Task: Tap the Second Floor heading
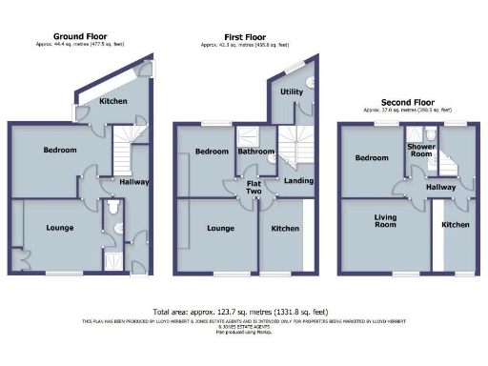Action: (407, 101)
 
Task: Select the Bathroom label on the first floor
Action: (256, 152)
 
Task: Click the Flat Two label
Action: (254, 187)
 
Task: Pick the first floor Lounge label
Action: (221, 229)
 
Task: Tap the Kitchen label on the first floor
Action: (284, 229)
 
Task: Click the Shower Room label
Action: (420, 151)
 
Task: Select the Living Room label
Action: (384, 223)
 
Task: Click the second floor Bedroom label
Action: (369, 158)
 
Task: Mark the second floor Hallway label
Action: (440, 188)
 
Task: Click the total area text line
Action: (243, 312)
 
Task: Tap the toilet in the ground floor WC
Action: (113, 206)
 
